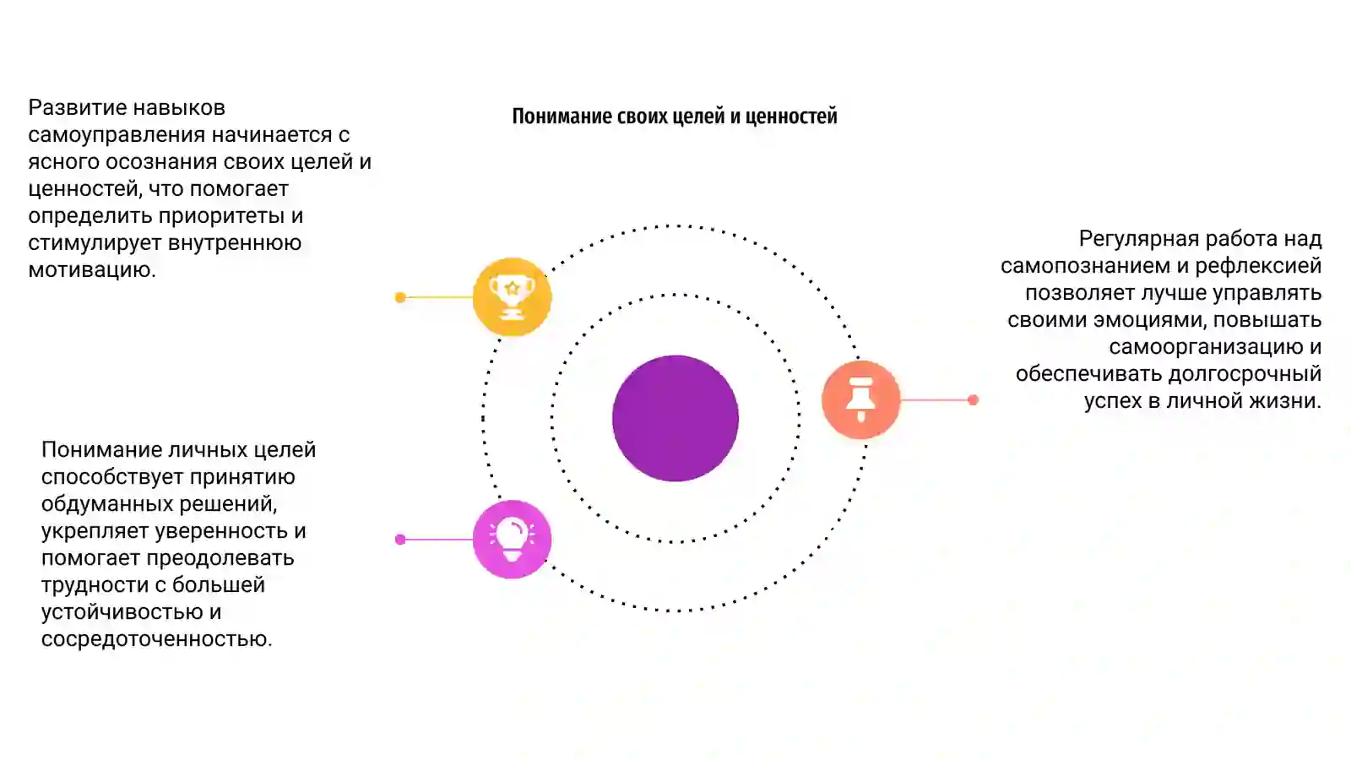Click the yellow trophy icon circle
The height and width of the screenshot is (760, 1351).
click(x=512, y=296)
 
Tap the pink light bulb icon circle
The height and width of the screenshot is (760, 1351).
click(x=512, y=540)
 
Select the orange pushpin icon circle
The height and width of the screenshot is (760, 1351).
click(x=860, y=399)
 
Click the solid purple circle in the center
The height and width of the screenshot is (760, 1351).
click(x=675, y=418)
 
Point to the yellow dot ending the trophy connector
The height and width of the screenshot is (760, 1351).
click(x=400, y=296)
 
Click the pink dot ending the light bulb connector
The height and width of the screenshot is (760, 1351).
click(x=400, y=540)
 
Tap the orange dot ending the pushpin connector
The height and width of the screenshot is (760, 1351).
click(x=973, y=399)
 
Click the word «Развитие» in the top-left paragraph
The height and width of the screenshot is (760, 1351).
click(x=77, y=108)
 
